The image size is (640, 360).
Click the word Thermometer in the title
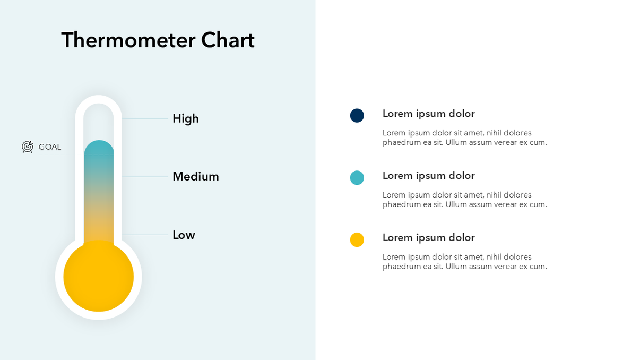pyautogui.click(x=128, y=40)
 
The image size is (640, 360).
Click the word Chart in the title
pyautogui.click(x=228, y=40)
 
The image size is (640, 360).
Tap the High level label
pyautogui.click(x=185, y=118)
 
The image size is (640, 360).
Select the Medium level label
pyautogui.click(x=195, y=176)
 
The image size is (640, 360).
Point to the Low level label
pyautogui.click(x=184, y=235)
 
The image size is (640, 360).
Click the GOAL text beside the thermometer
pyautogui.click(x=50, y=147)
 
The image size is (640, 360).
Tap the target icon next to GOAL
pyautogui.click(x=28, y=147)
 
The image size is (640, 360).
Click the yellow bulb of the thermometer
pyautogui.click(x=98, y=276)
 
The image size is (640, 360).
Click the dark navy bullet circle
pyautogui.click(x=357, y=115)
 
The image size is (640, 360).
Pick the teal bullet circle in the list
pyautogui.click(x=357, y=177)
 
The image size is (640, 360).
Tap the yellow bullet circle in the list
pyautogui.click(x=357, y=239)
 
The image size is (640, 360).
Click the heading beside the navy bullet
pyautogui.click(x=428, y=114)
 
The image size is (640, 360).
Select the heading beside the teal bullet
pyautogui.click(x=428, y=176)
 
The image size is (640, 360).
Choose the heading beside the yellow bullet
pyautogui.click(x=428, y=238)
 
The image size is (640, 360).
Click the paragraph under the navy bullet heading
pyautogui.click(x=464, y=138)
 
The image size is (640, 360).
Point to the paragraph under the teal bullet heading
pyautogui.click(x=464, y=200)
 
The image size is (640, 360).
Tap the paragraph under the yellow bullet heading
pyautogui.click(x=464, y=262)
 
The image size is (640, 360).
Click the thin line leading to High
pyautogui.click(x=145, y=118)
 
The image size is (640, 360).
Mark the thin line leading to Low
pyautogui.click(x=145, y=235)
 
